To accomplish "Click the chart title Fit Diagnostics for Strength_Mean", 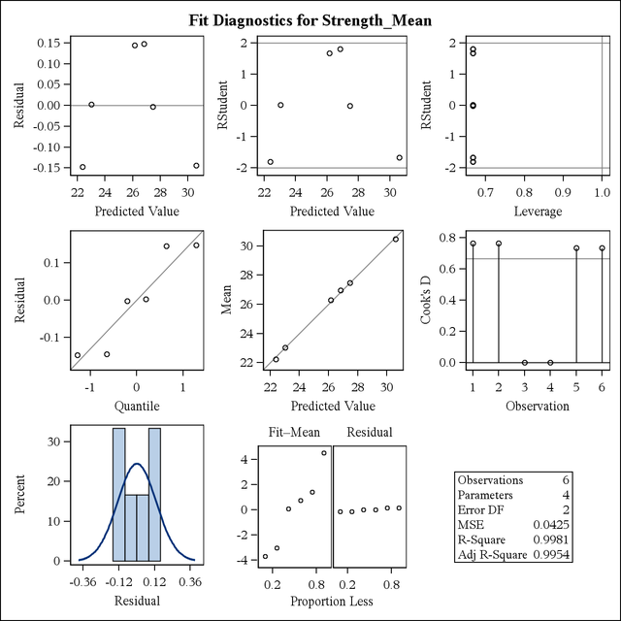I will pos(310,18).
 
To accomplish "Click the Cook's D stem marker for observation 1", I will pos(473,244).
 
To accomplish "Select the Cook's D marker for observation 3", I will pos(524,363).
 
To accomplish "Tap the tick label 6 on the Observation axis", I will pos(602,387).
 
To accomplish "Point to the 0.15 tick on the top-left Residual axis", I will pos(46,43).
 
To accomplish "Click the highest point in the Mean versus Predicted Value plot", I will pos(396,239).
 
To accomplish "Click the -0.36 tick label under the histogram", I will pos(82,584).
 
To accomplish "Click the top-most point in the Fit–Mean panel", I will pos(324,452).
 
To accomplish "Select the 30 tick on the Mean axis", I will pos(233,245).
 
